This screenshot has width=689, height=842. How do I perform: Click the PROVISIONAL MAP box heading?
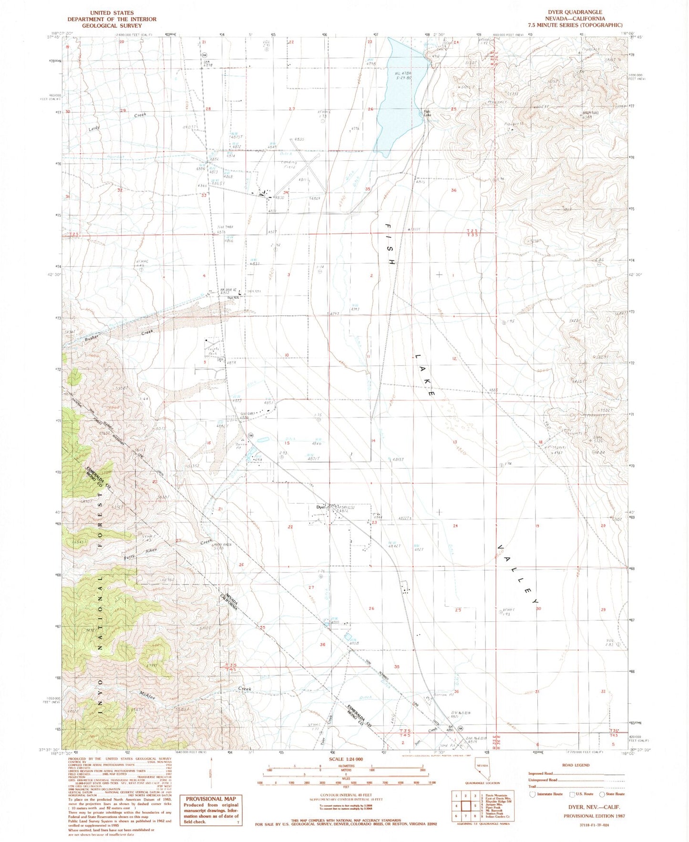(210, 799)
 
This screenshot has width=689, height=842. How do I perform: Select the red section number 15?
(287, 443)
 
